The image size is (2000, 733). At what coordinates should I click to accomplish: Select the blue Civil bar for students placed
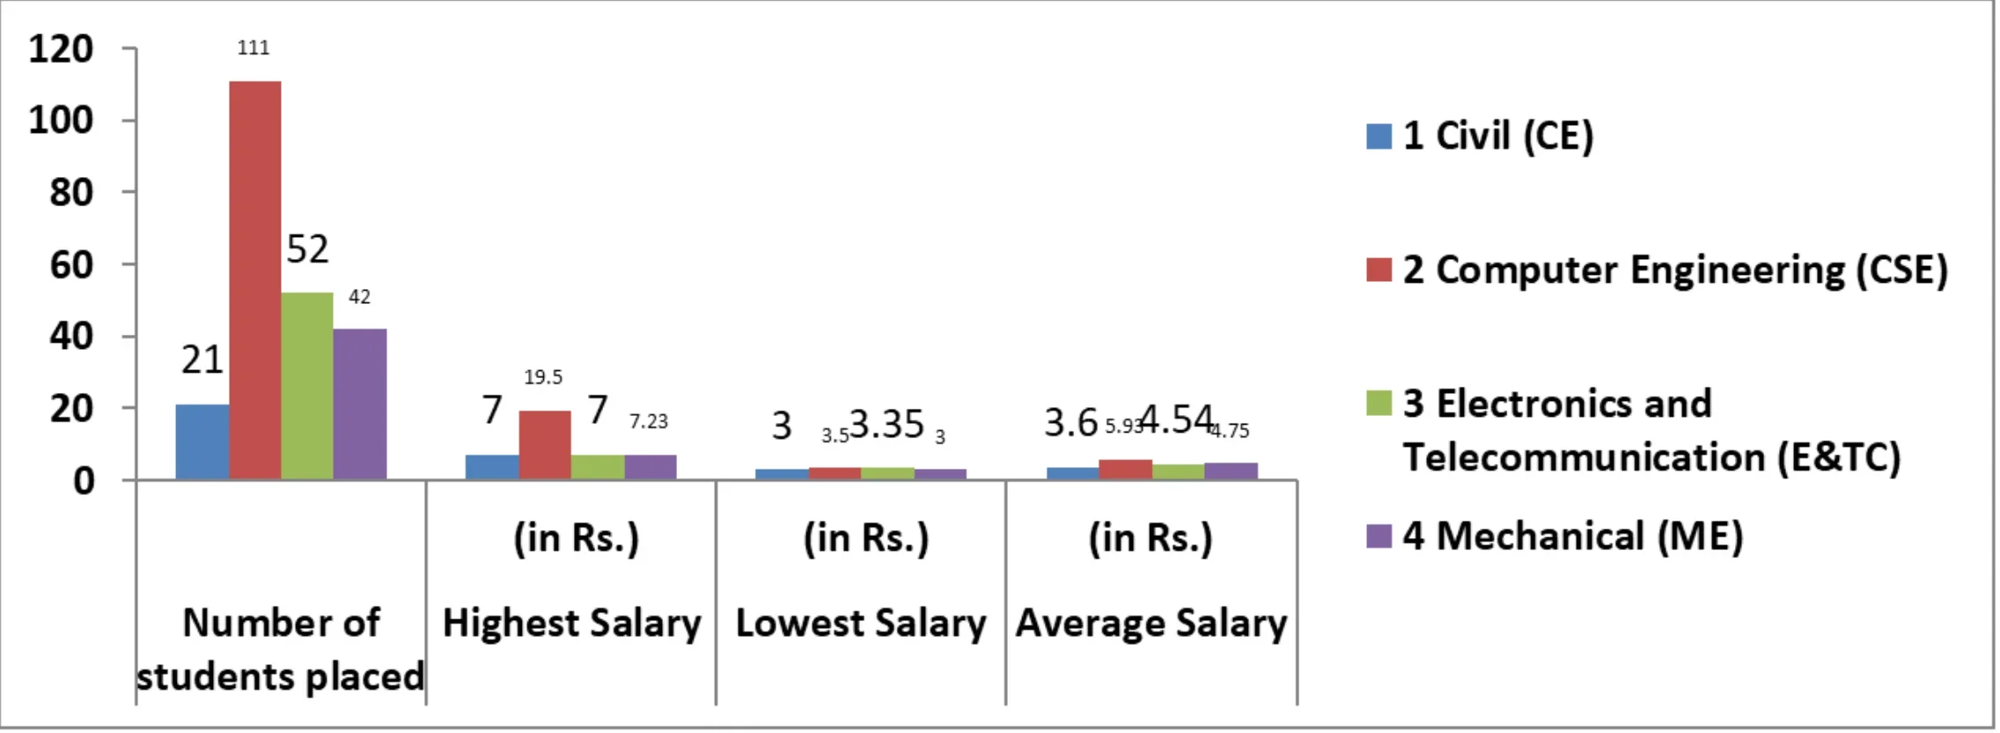pyautogui.click(x=202, y=441)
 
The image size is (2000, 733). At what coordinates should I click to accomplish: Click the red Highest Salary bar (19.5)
pyautogui.click(x=545, y=445)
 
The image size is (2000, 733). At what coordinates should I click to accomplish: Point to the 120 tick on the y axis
pyautogui.click(x=61, y=48)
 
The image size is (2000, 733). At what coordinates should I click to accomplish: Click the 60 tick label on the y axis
pyautogui.click(x=71, y=264)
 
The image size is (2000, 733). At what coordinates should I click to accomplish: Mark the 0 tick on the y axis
pyautogui.click(x=84, y=481)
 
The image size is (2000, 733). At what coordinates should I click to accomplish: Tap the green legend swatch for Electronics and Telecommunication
pyautogui.click(x=1379, y=403)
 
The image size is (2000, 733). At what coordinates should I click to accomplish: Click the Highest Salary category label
pyautogui.click(x=572, y=623)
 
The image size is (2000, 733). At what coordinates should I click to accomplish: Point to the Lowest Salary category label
pyautogui.click(x=861, y=623)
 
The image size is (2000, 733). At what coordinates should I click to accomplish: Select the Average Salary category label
pyautogui.click(x=1151, y=623)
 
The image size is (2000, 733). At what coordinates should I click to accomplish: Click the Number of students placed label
pyautogui.click(x=281, y=649)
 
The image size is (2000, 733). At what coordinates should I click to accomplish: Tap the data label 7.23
pyautogui.click(x=649, y=422)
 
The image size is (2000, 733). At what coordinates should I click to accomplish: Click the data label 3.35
pyautogui.click(x=886, y=424)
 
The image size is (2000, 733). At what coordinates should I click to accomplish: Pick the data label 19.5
pyautogui.click(x=543, y=377)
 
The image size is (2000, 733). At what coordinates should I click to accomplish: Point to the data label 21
pyautogui.click(x=202, y=359)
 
